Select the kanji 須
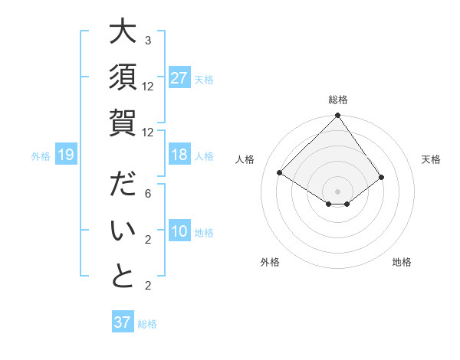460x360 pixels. coord(123,77)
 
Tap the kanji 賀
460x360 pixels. coord(123,122)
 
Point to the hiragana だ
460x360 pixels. coord(123,186)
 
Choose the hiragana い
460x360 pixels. coord(123,231)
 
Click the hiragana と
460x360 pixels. coord(123,276)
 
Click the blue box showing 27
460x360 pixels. coord(179,78)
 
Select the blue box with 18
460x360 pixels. coord(179,155)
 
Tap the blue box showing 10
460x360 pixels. coord(179,232)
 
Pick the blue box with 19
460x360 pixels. coord(66,155)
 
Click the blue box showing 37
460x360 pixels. coord(123,322)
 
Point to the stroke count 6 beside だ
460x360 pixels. coord(148,195)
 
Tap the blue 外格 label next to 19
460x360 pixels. coord(41,156)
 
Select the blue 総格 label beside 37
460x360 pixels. coord(147,324)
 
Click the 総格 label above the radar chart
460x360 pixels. coord(337,100)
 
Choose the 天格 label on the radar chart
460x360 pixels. coord(431,159)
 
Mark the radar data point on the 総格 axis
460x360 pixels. coord(337,116)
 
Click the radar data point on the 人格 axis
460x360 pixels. coord(280,173)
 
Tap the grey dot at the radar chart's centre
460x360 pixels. coord(337,191)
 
